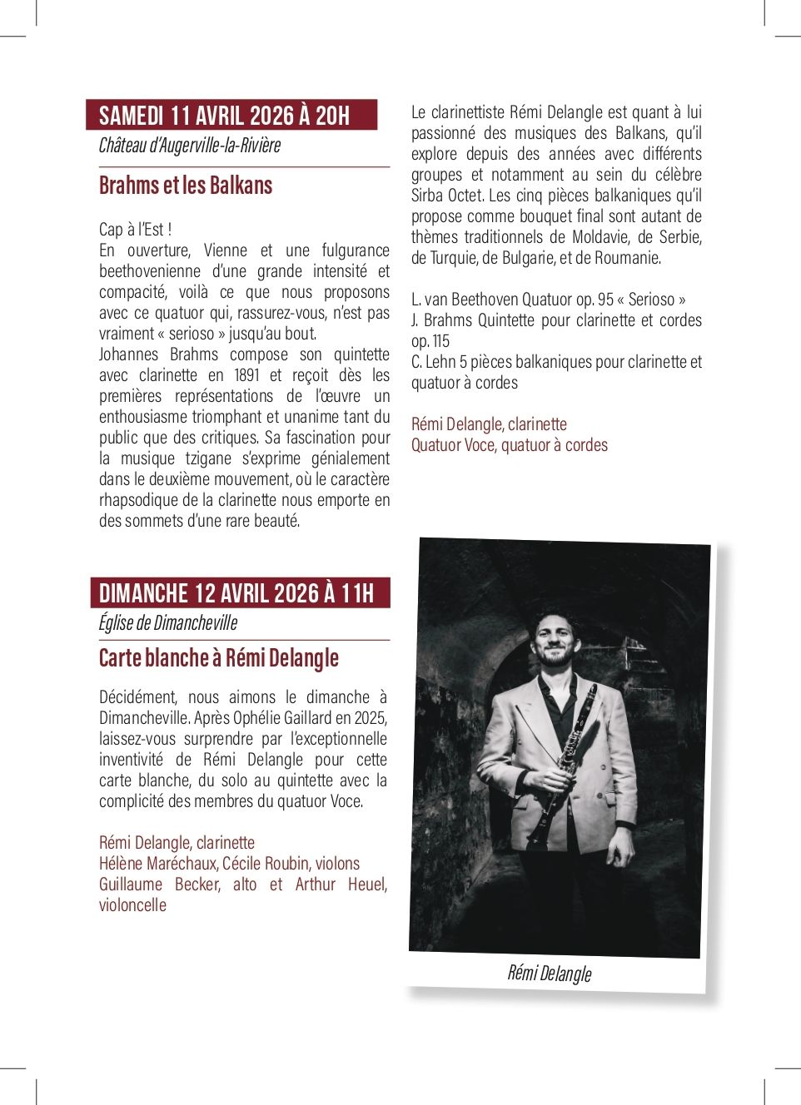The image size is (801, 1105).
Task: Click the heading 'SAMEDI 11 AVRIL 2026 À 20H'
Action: coord(224,115)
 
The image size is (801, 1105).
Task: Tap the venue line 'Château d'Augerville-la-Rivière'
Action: coord(190,146)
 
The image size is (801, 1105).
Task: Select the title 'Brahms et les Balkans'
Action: coord(186,185)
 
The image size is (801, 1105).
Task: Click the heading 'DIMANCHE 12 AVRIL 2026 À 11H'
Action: coord(236,593)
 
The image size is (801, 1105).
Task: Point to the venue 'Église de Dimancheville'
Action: coord(168,622)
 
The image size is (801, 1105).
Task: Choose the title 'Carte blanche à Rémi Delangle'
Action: coord(219,658)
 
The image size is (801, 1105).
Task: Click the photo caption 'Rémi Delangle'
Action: coord(550,973)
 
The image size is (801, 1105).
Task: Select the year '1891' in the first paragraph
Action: coord(246,375)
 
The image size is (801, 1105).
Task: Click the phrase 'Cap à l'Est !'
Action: coord(136,230)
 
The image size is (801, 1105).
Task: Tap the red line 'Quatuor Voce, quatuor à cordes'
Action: coord(510,445)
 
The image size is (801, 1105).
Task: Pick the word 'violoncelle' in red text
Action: coord(132,905)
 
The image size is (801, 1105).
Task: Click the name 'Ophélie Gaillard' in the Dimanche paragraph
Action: coord(278,718)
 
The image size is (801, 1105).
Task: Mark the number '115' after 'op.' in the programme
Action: coord(441,341)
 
